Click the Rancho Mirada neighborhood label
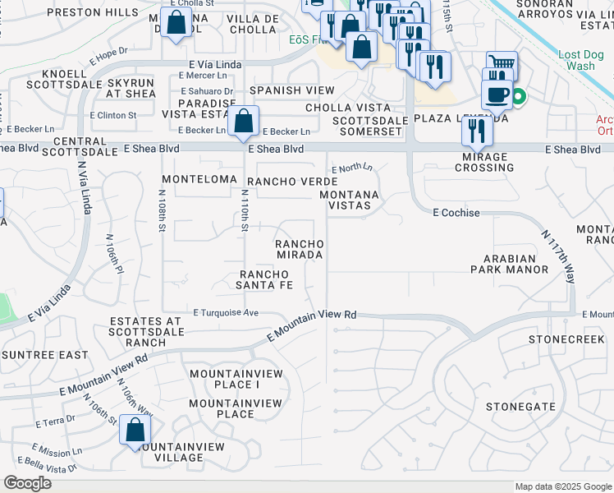coord(299,250)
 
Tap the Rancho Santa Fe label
coord(265,279)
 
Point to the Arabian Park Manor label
coord(509,264)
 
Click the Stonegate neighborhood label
coord(520,407)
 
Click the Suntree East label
coord(45,355)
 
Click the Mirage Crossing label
coord(488,162)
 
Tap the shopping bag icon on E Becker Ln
coord(244,122)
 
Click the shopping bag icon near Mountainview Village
coord(135,430)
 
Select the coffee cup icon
coord(497,94)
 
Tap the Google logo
coord(27,483)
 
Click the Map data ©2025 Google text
coord(563,486)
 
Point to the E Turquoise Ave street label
coord(226,313)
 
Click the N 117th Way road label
coord(557,257)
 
